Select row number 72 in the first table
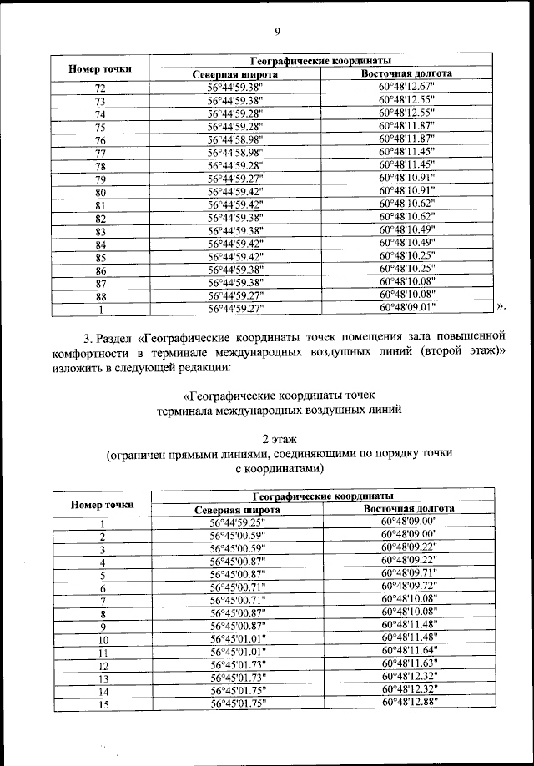(100, 88)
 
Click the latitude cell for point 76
(235, 139)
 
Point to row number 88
(100, 295)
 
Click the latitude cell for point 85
(235, 256)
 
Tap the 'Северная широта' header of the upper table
(234, 74)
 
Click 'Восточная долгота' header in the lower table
(409, 508)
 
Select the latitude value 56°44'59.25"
(237, 522)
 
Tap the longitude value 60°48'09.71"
(409, 574)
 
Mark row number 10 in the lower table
(102, 640)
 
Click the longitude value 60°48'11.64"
(409, 652)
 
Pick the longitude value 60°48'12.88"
(409, 703)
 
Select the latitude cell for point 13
(237, 678)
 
